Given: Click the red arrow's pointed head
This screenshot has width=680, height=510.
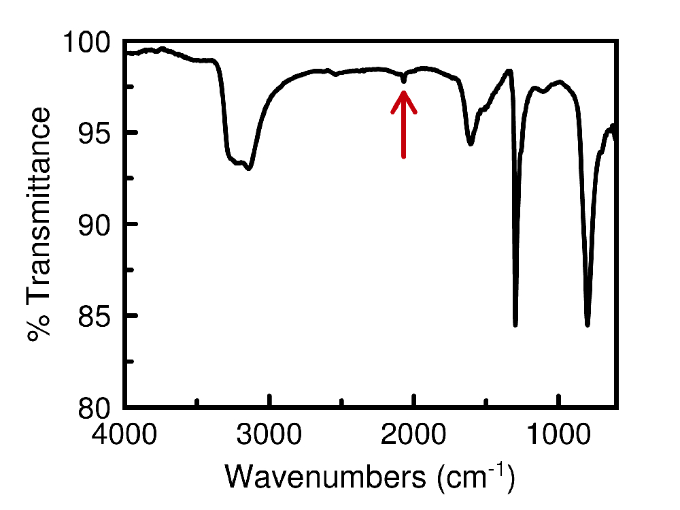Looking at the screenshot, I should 404,94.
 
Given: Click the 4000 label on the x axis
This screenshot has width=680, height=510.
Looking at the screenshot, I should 125,434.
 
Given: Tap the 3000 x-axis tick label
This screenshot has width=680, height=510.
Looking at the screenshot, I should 270,434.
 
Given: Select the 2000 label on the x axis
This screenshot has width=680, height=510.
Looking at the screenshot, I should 414,434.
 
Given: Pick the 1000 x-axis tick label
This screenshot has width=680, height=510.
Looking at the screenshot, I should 559,434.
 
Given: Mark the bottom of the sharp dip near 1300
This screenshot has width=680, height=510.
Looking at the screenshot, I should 515,325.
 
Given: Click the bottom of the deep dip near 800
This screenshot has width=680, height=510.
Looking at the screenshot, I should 588,325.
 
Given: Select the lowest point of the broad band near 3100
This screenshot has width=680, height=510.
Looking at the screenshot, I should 250,168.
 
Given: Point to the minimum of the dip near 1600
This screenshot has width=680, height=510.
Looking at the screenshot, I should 470,144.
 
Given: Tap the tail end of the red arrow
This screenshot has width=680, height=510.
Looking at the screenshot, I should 404,157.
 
